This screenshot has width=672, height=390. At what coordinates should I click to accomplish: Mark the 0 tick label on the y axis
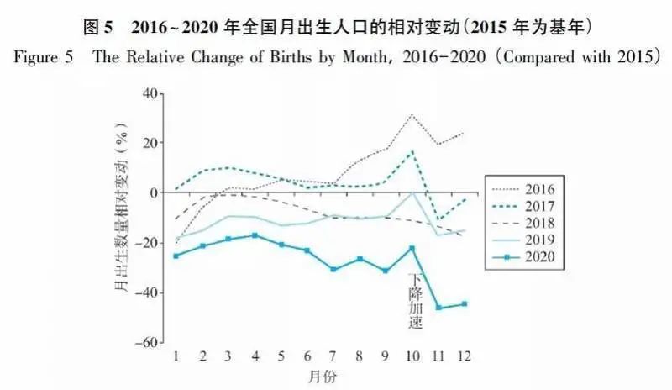tap(155, 192)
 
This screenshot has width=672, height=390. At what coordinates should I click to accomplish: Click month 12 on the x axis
tap(463, 356)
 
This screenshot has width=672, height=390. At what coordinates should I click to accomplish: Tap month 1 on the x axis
tap(176, 356)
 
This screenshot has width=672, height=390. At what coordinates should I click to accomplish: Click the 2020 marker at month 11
tap(438, 308)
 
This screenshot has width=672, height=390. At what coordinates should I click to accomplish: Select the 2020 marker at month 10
tap(412, 248)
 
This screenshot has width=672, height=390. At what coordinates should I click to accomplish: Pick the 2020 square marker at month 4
tap(255, 235)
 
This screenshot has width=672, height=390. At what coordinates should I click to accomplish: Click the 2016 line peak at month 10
tap(412, 115)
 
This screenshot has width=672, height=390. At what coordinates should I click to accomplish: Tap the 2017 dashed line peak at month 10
tap(412, 152)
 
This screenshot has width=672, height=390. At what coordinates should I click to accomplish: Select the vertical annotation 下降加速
tap(414, 300)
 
